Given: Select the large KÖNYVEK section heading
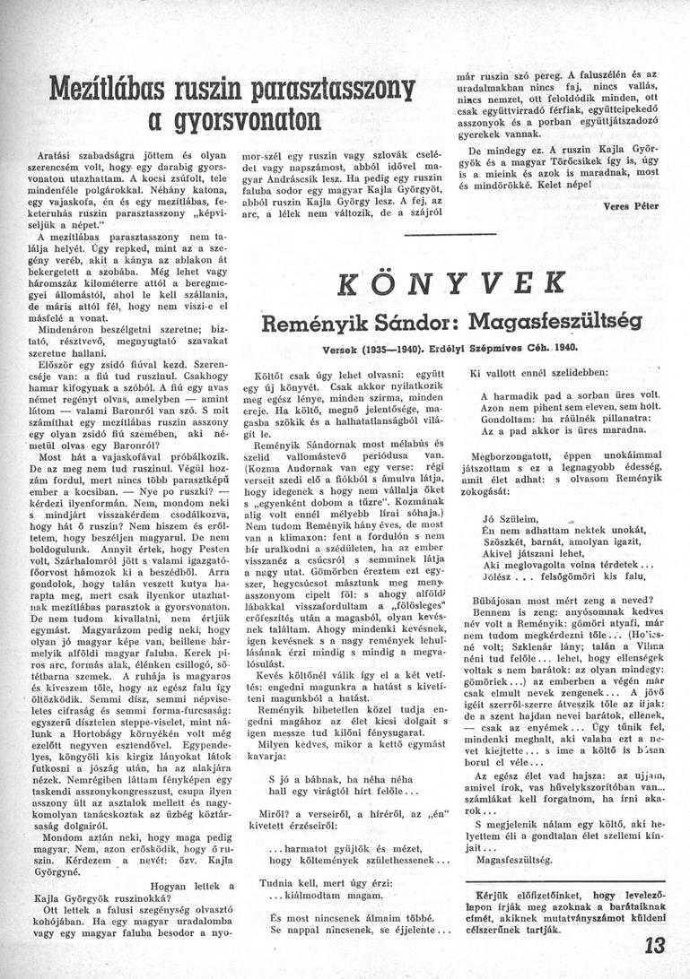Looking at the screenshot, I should [x=447, y=282].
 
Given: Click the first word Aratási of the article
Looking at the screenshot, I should [x=55, y=155].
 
